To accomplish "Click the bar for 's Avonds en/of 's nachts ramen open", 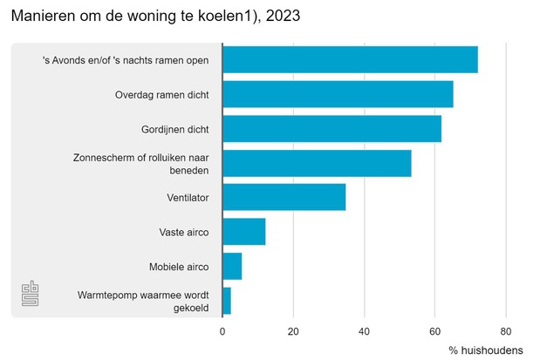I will pyautogui.click(x=350, y=59).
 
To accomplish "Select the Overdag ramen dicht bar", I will pyautogui.click(x=338, y=94).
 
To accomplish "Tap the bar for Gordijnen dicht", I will pyautogui.click(x=332, y=128).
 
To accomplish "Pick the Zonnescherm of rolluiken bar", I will pyautogui.click(x=317, y=163).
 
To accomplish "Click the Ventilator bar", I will pyautogui.click(x=284, y=197).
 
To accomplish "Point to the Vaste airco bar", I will pyautogui.click(x=243, y=232).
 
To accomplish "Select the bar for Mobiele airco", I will pyautogui.click(x=232, y=266).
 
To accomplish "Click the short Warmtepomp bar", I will pyautogui.click(x=227, y=301).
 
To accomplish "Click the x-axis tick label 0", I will pyautogui.click(x=222, y=331).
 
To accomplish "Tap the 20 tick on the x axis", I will pyautogui.click(x=293, y=331).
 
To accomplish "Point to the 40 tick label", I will pyautogui.click(x=364, y=331).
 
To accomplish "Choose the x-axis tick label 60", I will pyautogui.click(x=434, y=331).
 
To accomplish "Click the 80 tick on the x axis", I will pyautogui.click(x=505, y=331).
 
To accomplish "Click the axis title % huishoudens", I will pyautogui.click(x=486, y=350).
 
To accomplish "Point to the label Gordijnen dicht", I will pyautogui.click(x=174, y=129).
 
